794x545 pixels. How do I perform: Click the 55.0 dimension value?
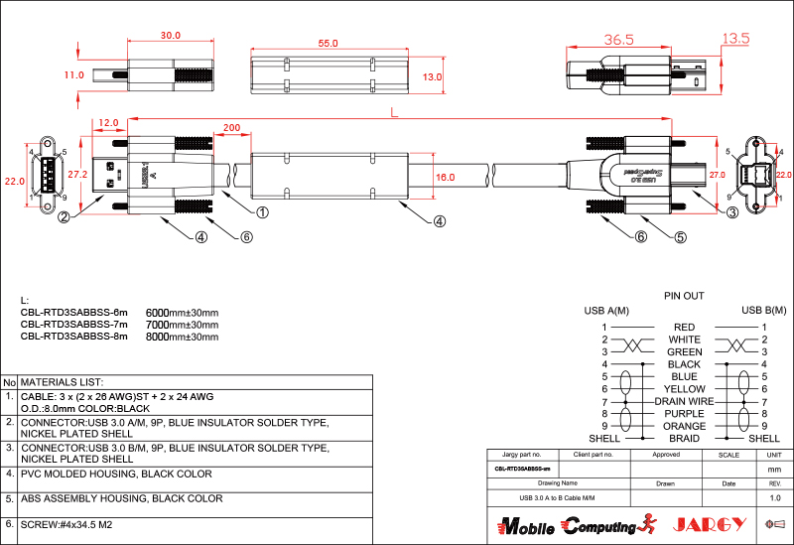coord(328,44)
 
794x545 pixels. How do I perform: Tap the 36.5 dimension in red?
coord(618,40)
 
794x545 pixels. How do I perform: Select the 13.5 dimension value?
coord(735,39)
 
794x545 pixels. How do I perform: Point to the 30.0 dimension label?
coord(171,36)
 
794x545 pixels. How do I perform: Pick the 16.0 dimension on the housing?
coord(446,178)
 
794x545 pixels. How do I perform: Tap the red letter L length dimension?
coord(395,112)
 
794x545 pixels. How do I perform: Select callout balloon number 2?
coord(64,217)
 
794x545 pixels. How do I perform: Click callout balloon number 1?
coord(263,212)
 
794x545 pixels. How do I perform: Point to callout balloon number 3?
coord(731,212)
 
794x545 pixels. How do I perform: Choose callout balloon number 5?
coord(681,237)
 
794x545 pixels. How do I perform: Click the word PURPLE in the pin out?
coord(684,414)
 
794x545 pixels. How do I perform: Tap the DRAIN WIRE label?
coord(684,401)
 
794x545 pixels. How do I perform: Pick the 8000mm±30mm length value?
coord(182,337)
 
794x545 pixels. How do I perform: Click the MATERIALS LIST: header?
coord(63,382)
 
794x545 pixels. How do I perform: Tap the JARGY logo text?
coord(710,524)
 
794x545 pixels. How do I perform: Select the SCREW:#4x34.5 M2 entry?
coord(66,523)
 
